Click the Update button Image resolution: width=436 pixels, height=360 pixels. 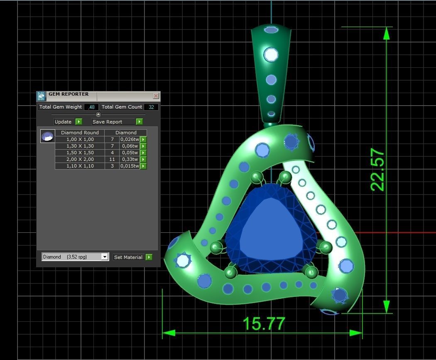coord(63,122)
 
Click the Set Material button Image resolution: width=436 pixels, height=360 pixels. coord(128,257)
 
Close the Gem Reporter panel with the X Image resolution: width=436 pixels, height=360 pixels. coord(156,96)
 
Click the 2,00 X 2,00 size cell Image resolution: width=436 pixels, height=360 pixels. coord(80,159)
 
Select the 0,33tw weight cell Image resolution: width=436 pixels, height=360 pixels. coord(129,159)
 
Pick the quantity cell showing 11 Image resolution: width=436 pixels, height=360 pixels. coord(112,159)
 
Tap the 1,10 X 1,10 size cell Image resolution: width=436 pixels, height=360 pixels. coord(80,166)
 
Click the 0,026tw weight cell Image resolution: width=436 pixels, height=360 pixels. coord(129,139)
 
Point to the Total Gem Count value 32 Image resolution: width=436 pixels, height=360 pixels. coord(151,107)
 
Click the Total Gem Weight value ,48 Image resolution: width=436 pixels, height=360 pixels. coord(91,107)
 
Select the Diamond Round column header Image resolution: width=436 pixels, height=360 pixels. coord(80,133)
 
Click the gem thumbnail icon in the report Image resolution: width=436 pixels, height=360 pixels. coord(47,136)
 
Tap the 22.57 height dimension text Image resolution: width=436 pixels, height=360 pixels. coord(377,170)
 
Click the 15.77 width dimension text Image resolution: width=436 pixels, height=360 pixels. coord(264,324)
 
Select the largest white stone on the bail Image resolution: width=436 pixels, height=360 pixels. coord(271,54)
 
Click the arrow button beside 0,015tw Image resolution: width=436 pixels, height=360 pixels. coord(143,166)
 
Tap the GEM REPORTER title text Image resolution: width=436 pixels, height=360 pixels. coord(69,94)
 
